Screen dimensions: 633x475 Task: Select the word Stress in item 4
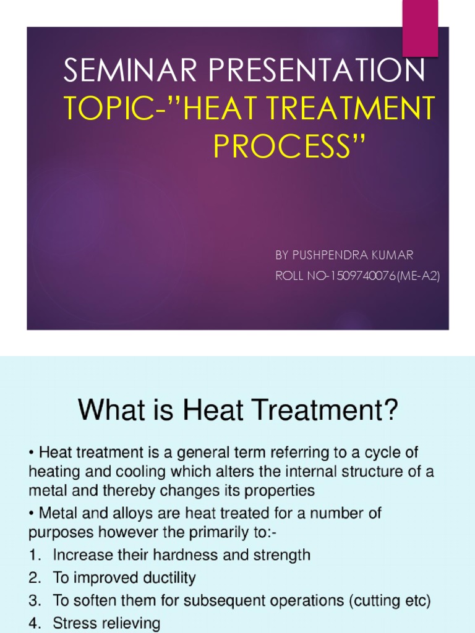(x=71, y=624)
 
